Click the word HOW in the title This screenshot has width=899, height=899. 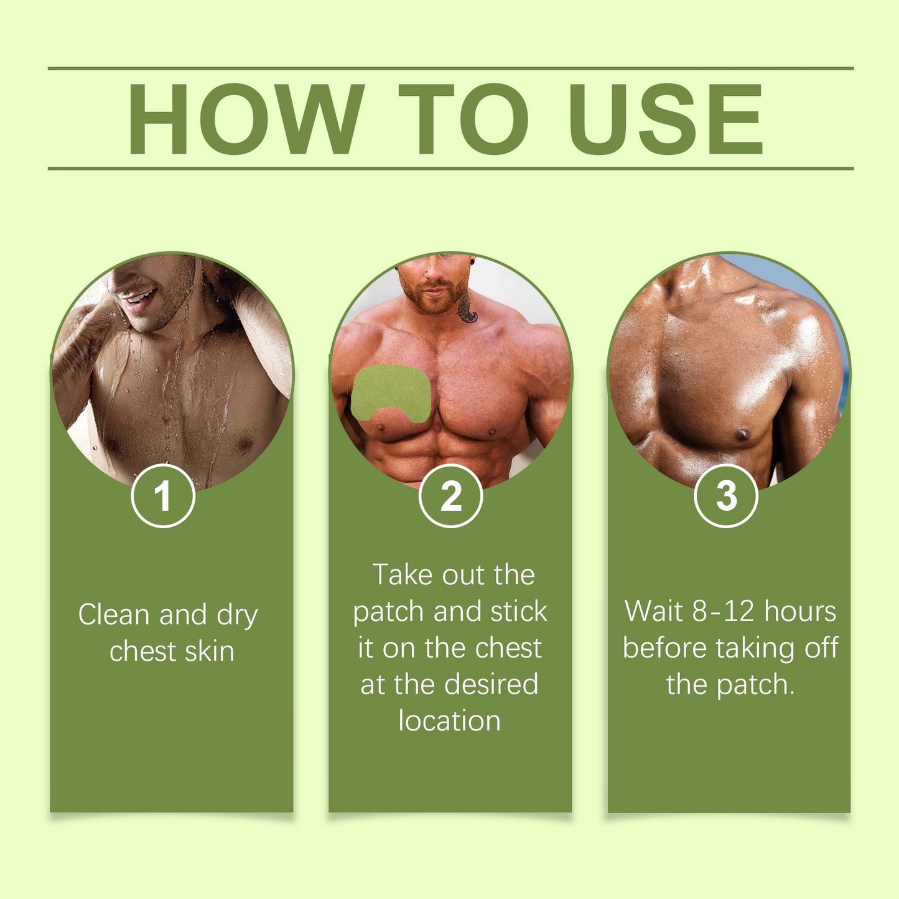[245, 118]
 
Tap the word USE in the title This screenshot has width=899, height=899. [665, 118]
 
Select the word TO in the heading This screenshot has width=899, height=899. [463, 118]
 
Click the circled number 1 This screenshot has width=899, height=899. [163, 496]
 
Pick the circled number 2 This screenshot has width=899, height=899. [450, 496]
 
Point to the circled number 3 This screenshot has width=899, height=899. [725, 496]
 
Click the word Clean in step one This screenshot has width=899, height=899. [115, 615]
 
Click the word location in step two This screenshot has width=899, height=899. [449, 721]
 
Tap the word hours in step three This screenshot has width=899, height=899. [800, 611]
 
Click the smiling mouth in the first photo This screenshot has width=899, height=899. [138, 297]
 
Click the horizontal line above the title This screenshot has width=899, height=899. [450, 68]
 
